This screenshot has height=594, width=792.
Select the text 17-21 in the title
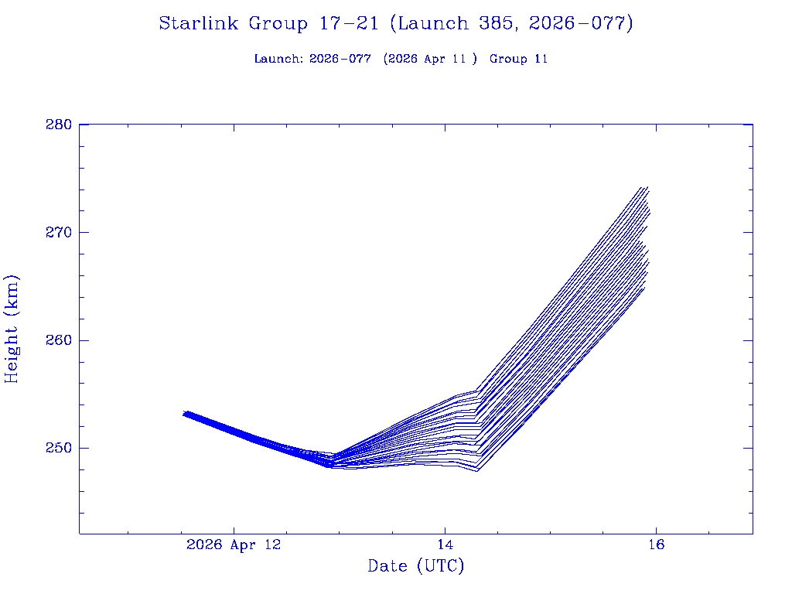(347, 24)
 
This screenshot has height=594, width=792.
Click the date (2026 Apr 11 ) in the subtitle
(430, 59)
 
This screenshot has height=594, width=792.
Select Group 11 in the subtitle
(519, 59)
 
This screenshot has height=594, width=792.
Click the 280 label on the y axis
(59, 125)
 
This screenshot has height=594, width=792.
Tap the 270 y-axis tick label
(59, 232)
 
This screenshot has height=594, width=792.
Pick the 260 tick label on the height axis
(59, 340)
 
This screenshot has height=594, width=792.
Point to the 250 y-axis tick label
(59, 448)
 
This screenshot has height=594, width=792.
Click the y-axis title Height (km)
(12, 329)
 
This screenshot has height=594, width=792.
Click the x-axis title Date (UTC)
(416, 566)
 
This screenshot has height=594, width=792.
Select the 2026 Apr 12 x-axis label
(234, 544)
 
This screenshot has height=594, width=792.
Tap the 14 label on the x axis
(445, 544)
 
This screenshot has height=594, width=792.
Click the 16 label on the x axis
(656, 544)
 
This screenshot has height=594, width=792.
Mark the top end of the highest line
(643, 187)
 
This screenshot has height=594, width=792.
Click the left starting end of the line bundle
(184, 414)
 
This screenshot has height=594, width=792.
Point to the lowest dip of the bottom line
(477, 470)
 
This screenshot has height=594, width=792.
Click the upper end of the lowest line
(643, 288)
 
